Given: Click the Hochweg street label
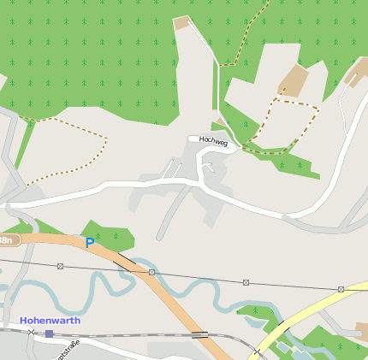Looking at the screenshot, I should point(213,139).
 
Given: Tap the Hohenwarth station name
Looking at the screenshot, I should point(50,321).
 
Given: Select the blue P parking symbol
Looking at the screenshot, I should point(89,244).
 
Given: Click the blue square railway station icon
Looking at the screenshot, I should point(50,333).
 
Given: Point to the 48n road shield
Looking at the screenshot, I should point(8,241).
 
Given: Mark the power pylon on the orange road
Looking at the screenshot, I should point(151,272).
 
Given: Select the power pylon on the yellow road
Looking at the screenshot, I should point(341,289).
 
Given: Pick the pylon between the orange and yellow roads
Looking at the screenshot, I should point(246,282).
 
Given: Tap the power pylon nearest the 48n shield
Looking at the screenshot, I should point(60,266).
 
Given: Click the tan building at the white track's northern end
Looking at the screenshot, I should point(181,23).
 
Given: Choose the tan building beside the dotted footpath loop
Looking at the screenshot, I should point(292,81).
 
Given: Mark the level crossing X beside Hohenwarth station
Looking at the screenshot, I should point(32,332).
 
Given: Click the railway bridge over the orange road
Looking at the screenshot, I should point(200,334).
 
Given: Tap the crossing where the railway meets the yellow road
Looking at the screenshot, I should point(258,351).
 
